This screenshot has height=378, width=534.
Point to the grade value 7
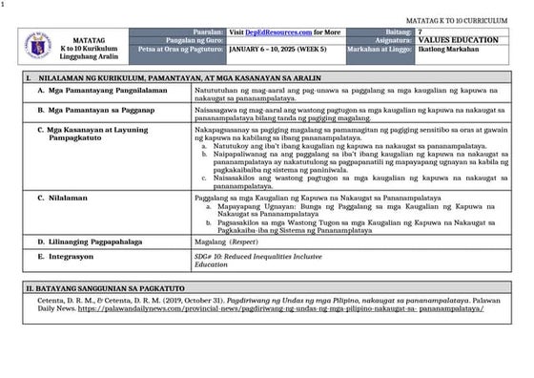tap(421, 31)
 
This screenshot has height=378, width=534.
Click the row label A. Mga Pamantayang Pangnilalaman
tap(102, 90)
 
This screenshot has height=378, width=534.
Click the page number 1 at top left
tap(4, 5)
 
